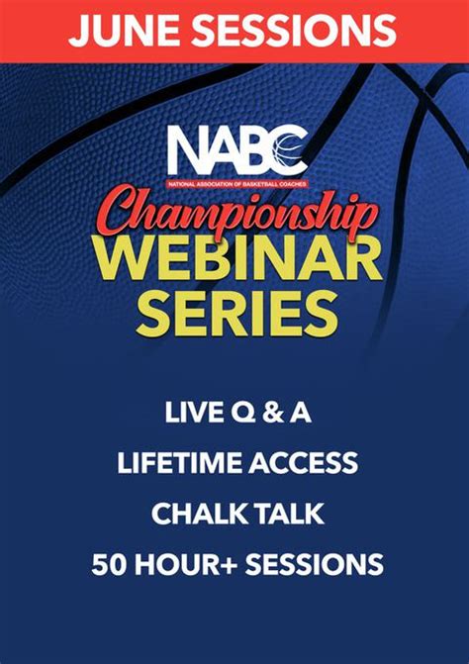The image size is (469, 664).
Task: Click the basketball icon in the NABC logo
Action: [289, 152]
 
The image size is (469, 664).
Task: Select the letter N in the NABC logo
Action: [187, 152]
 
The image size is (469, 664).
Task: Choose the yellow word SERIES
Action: [236, 312]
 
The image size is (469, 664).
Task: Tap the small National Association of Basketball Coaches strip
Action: [236, 184]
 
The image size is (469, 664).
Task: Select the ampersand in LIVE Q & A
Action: [273, 413]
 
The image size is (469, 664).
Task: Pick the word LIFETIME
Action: [179, 463]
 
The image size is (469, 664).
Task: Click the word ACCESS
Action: [303, 463]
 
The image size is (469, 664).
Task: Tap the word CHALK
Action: [196, 514]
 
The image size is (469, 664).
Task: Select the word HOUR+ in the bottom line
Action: [184, 564]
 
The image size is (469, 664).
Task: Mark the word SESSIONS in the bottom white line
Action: [314, 564]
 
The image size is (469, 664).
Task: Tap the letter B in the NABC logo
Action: [255, 152]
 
